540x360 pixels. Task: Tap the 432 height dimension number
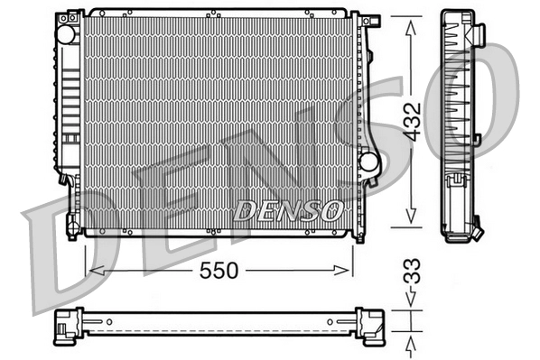411,119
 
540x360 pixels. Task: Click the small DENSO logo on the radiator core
288,210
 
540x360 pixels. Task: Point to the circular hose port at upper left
66,33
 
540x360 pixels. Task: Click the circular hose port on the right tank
368,162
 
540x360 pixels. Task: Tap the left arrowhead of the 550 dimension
91,270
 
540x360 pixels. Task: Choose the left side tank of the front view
68,108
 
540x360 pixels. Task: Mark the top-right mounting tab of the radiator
356,18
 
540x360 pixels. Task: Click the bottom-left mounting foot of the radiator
74,226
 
